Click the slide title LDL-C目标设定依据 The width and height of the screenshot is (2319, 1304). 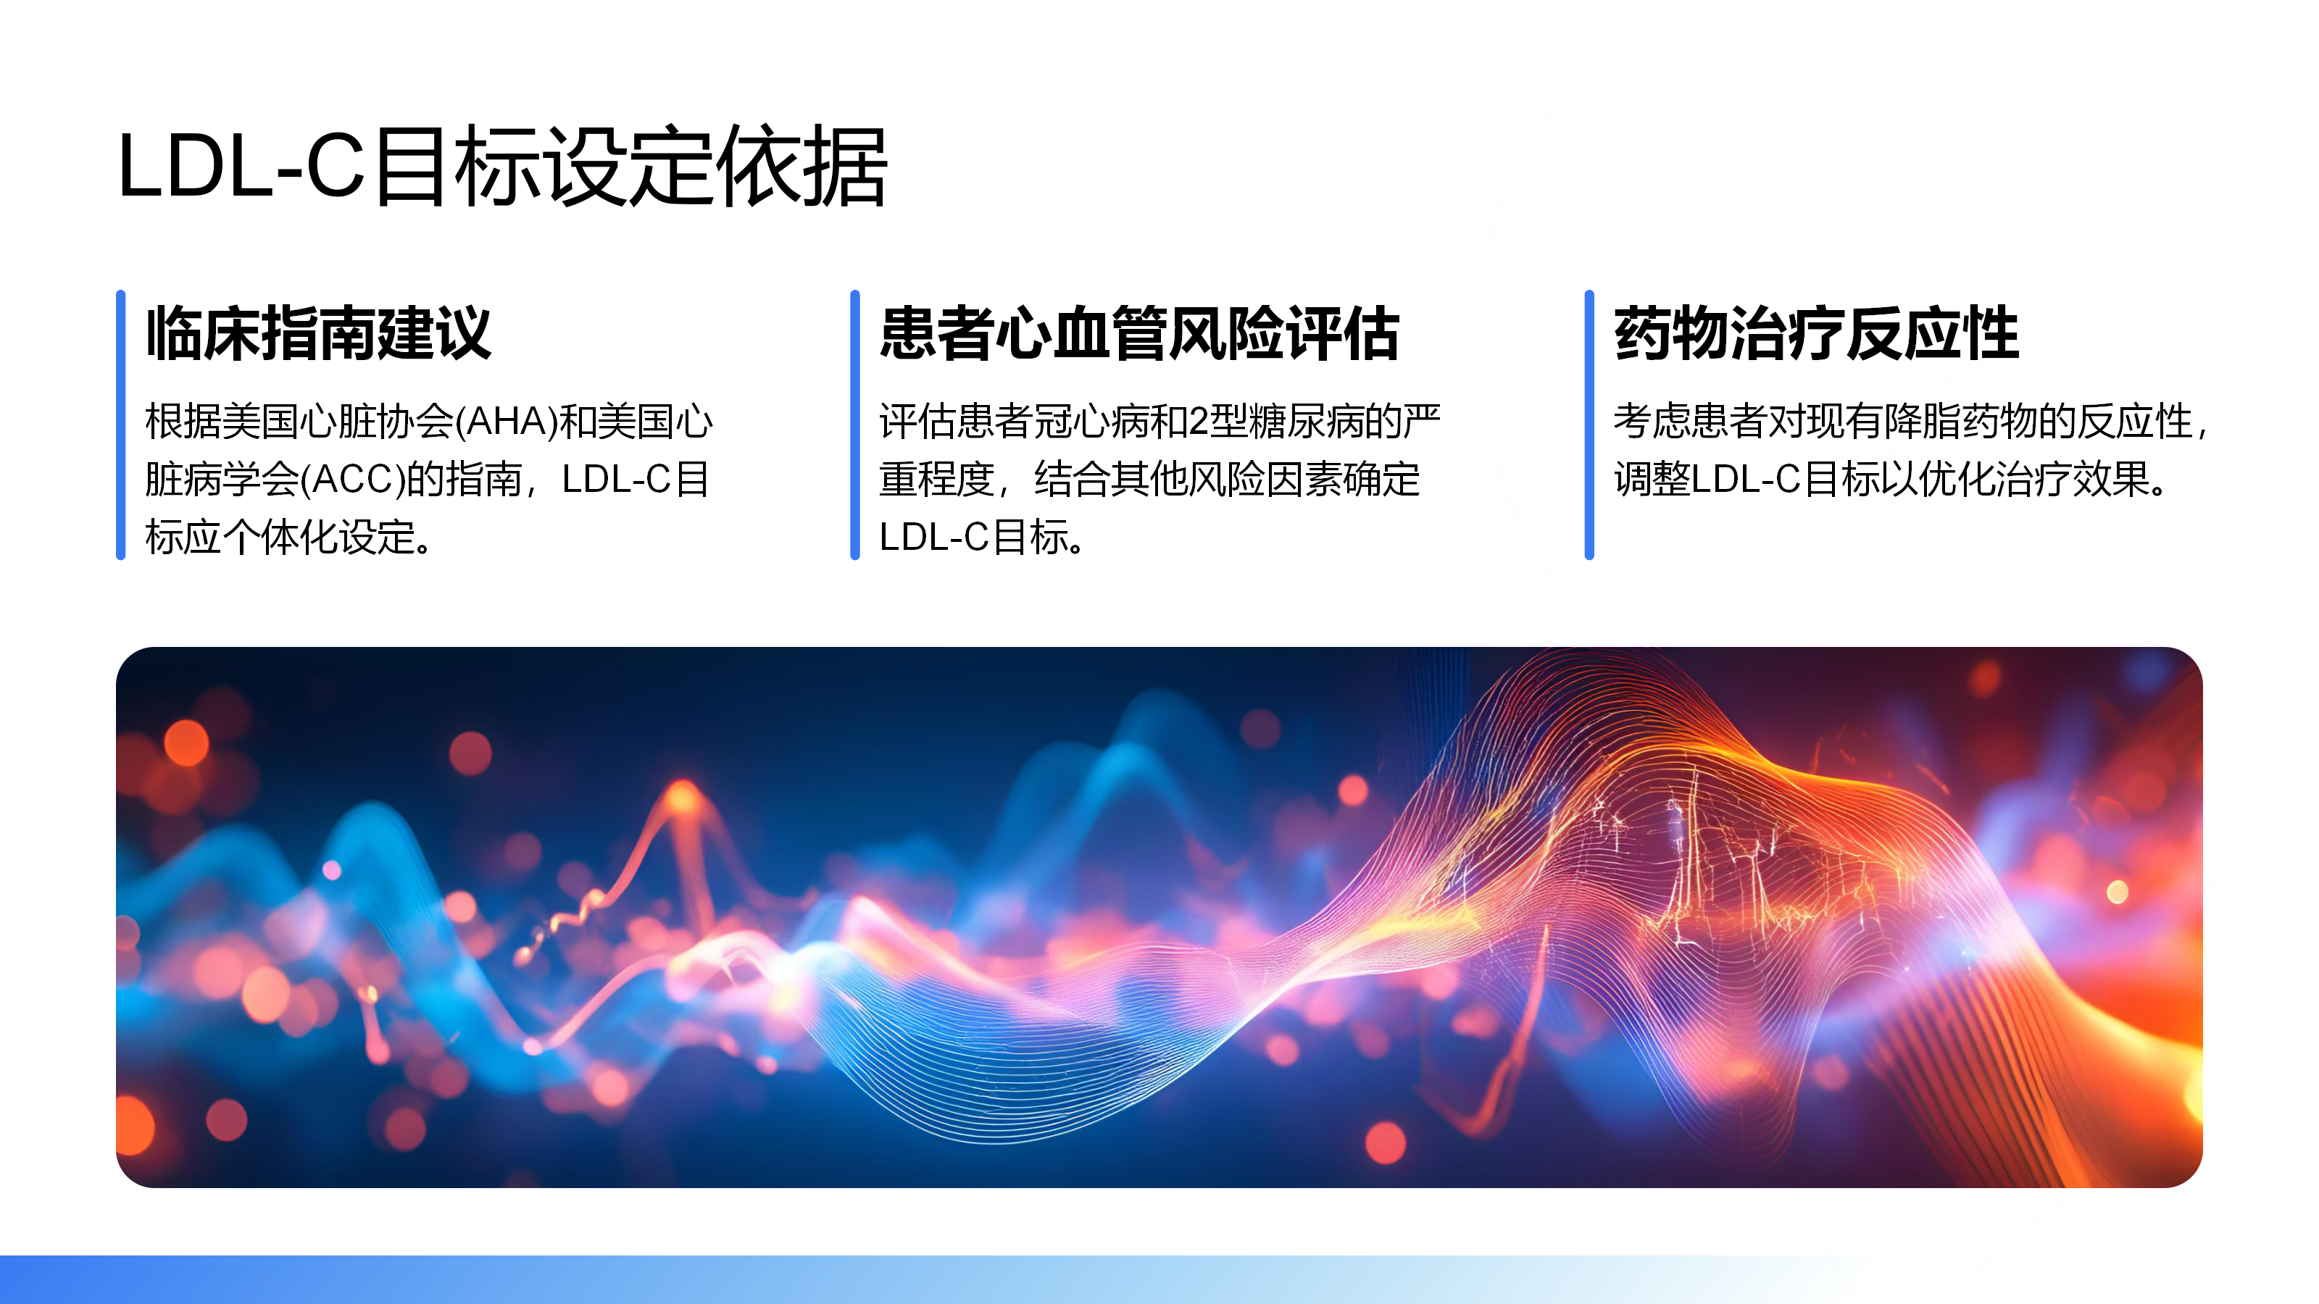502,167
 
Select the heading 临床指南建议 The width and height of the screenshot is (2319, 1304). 319,334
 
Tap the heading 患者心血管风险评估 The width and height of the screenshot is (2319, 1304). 1138,334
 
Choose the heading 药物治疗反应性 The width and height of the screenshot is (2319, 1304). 1816,334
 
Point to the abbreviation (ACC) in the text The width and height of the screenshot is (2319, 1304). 353,479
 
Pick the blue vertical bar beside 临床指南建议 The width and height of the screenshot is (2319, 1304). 120,425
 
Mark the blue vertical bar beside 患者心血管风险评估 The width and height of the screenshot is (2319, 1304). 855,425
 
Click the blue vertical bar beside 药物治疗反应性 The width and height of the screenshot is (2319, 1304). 1590,425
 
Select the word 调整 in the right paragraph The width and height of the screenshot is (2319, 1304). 1652,479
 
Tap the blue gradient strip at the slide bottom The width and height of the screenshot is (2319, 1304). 1159,1279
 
